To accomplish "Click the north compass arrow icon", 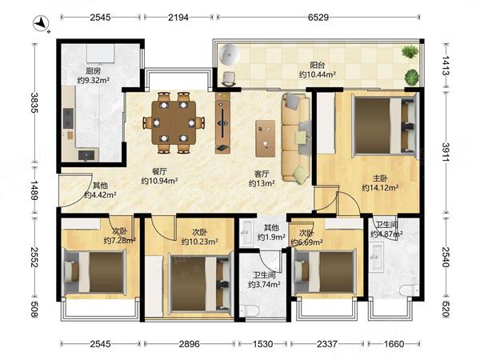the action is coord(42,23).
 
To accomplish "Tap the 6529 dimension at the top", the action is coord(318,18).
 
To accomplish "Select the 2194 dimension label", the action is coord(178,18).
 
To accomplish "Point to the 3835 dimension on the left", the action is coord(34,103).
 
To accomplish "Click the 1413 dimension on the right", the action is coord(446,66).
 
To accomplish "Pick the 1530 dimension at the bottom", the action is coord(262,344).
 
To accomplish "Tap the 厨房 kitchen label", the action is coord(94,71).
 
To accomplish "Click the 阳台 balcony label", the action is coord(318,66).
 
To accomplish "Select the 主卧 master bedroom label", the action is coord(380,178).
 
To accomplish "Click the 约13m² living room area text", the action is coord(262,183).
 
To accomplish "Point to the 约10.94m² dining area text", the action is coord(159,181).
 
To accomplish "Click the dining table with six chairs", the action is coord(174,122).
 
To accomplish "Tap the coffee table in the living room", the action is coord(266,138).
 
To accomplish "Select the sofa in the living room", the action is coord(296,138).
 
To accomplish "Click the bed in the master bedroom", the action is coord(385,126).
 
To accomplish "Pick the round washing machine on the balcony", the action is coord(229,54).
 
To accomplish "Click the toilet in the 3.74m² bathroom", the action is coord(249,311).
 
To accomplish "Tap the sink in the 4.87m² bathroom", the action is coord(377,257).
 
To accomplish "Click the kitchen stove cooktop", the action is coord(68,118).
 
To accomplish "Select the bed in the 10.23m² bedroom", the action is coord(200,284).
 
